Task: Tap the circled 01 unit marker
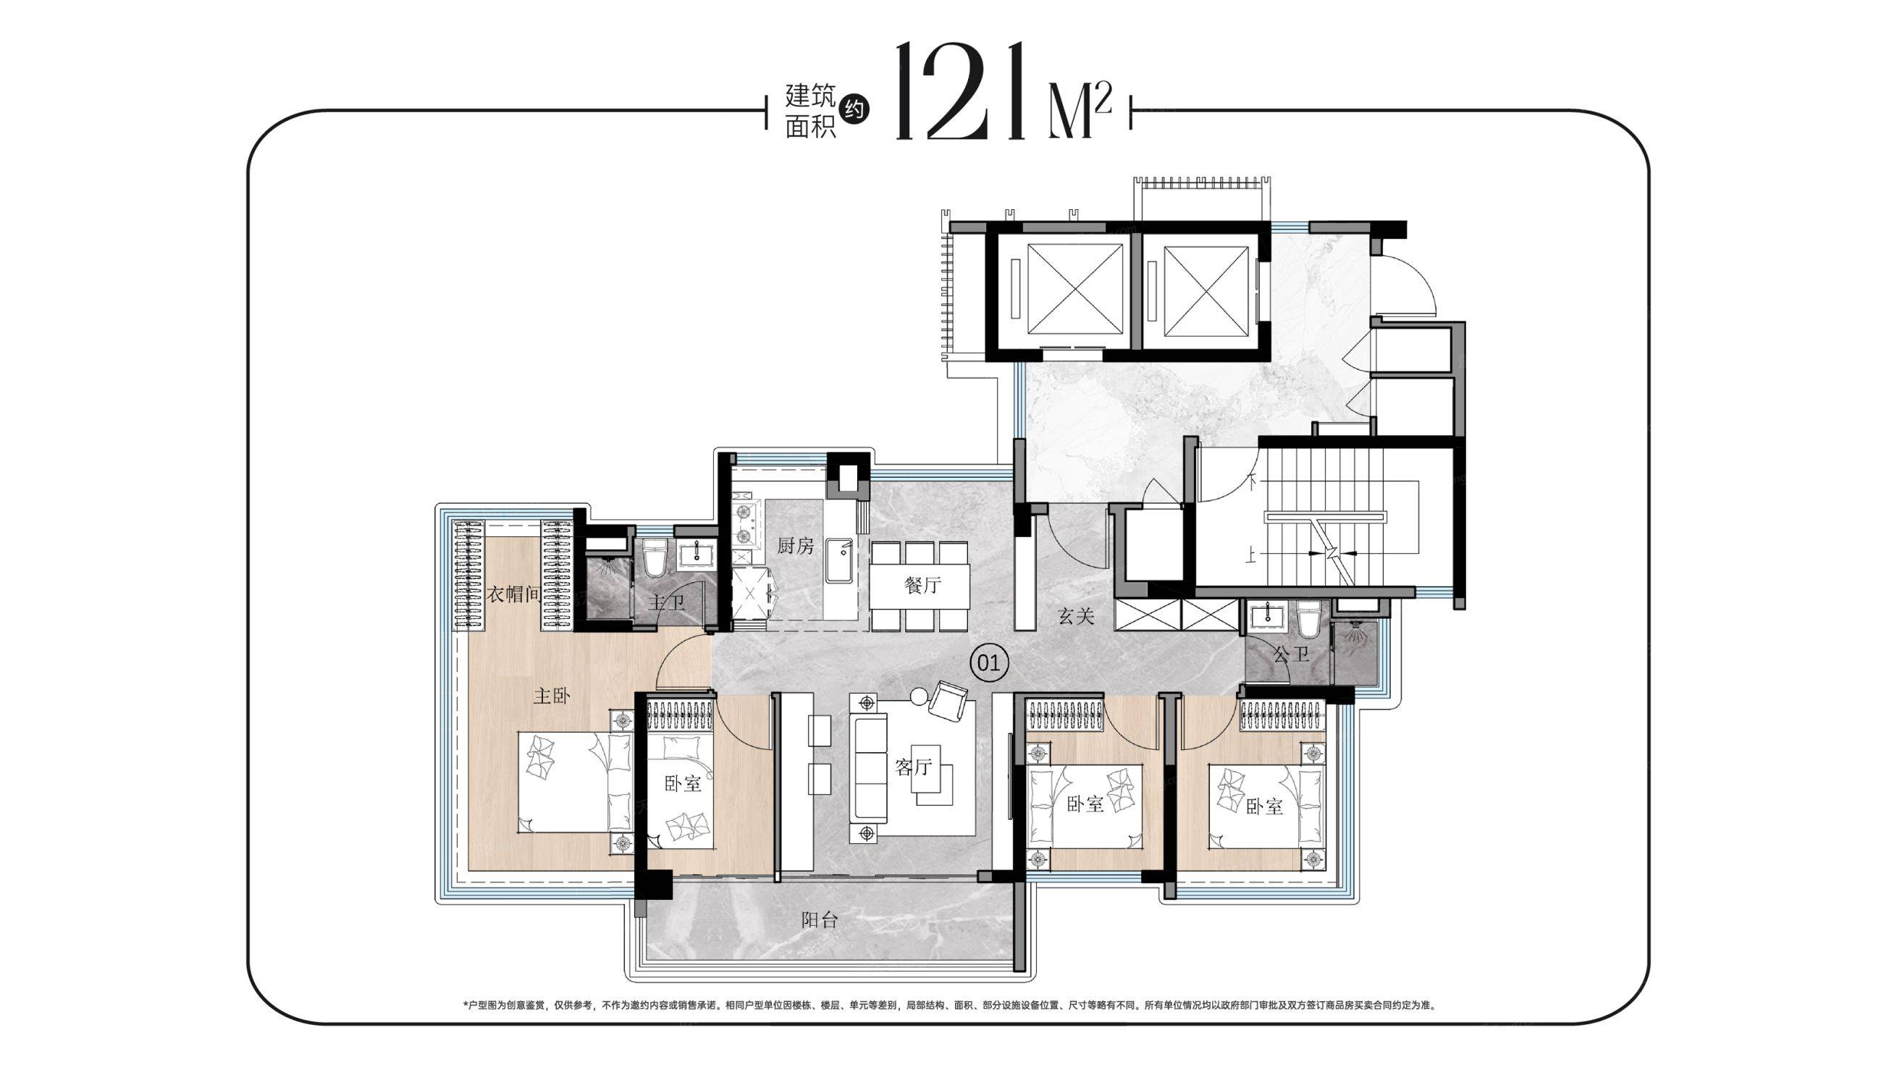[988, 664]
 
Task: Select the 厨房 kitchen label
[796, 546]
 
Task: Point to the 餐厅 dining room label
[922, 586]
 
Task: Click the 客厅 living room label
[914, 767]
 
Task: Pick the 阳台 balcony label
[820, 920]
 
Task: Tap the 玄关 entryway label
[1077, 615]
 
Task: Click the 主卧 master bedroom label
[552, 696]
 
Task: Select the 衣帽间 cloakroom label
[513, 594]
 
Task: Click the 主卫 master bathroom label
[666, 603]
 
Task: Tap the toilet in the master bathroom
[655, 559]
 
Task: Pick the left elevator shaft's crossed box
[1064, 289]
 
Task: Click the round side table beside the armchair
[919, 696]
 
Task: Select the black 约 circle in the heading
[854, 110]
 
